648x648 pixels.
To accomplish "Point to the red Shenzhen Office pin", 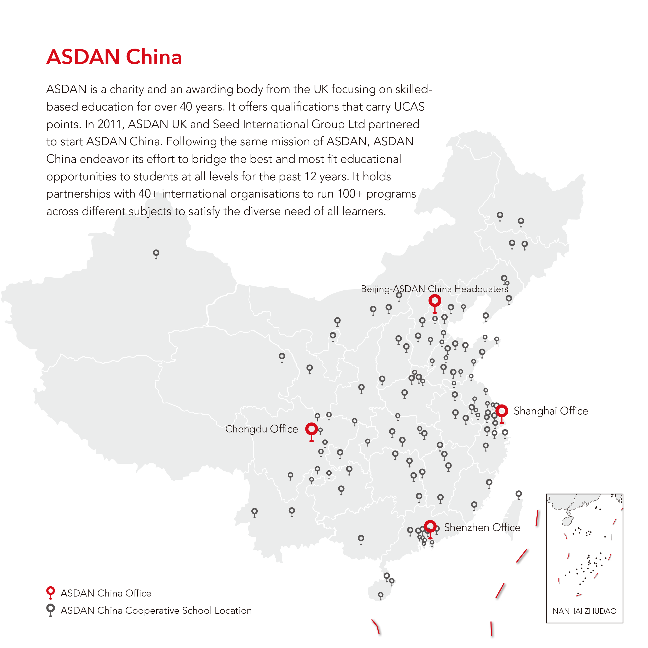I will point(430,526).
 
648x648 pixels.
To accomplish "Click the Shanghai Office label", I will point(551,411).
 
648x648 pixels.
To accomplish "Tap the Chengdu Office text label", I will point(262,429).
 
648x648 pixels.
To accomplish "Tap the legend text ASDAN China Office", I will point(106,593).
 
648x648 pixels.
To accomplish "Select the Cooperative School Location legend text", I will point(156,611).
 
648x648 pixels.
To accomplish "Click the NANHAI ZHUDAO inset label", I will point(585,611).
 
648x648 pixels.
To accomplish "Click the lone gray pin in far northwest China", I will point(156,253).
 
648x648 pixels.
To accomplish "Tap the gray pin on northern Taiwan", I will point(519,494).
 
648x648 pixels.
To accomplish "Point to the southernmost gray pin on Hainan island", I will point(381,595).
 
